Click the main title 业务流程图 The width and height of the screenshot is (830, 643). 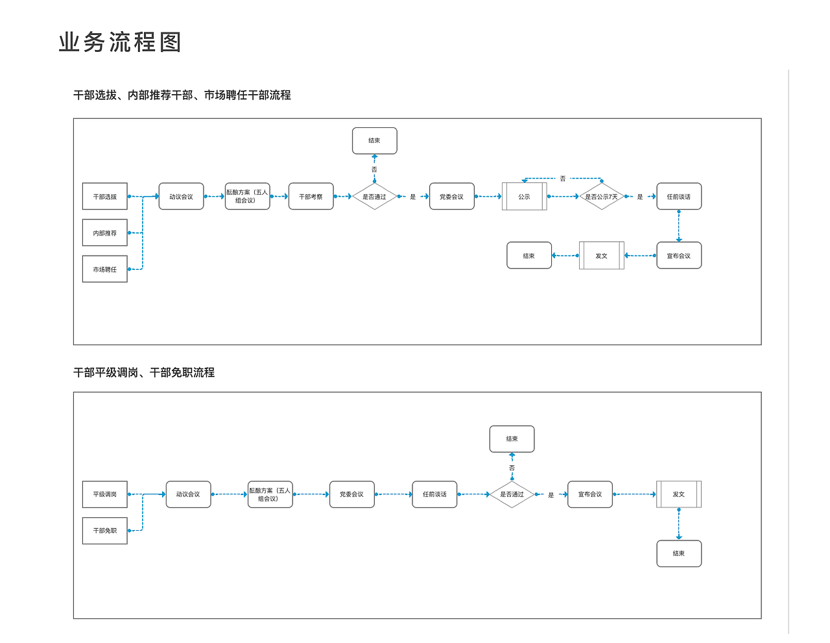click(x=120, y=43)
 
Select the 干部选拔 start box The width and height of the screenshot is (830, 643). click(x=105, y=197)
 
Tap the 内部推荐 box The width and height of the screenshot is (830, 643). click(x=105, y=233)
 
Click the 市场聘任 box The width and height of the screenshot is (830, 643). click(x=105, y=269)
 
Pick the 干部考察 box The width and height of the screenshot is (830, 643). click(x=311, y=197)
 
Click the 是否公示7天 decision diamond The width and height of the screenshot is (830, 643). click(x=602, y=197)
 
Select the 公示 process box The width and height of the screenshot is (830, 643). click(x=524, y=197)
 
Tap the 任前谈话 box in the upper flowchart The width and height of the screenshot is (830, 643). click(x=679, y=197)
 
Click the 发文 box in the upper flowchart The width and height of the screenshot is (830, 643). click(x=601, y=256)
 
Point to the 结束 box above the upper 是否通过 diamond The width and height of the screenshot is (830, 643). click(x=374, y=141)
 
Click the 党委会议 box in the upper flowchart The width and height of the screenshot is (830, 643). click(x=451, y=197)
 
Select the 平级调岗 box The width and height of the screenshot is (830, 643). click(x=105, y=494)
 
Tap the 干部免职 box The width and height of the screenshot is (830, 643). click(x=105, y=531)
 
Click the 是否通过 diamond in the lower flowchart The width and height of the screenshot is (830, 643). click(x=512, y=494)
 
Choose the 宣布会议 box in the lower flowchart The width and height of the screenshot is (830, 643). click(x=590, y=494)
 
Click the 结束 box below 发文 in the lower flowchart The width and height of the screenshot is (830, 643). click(x=679, y=553)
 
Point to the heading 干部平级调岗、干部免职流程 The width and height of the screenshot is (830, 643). click(x=144, y=372)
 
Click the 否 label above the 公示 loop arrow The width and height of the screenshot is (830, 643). click(x=563, y=178)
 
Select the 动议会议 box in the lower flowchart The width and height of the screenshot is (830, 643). click(x=188, y=494)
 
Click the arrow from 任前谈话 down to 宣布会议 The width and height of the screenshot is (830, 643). click(x=679, y=226)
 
